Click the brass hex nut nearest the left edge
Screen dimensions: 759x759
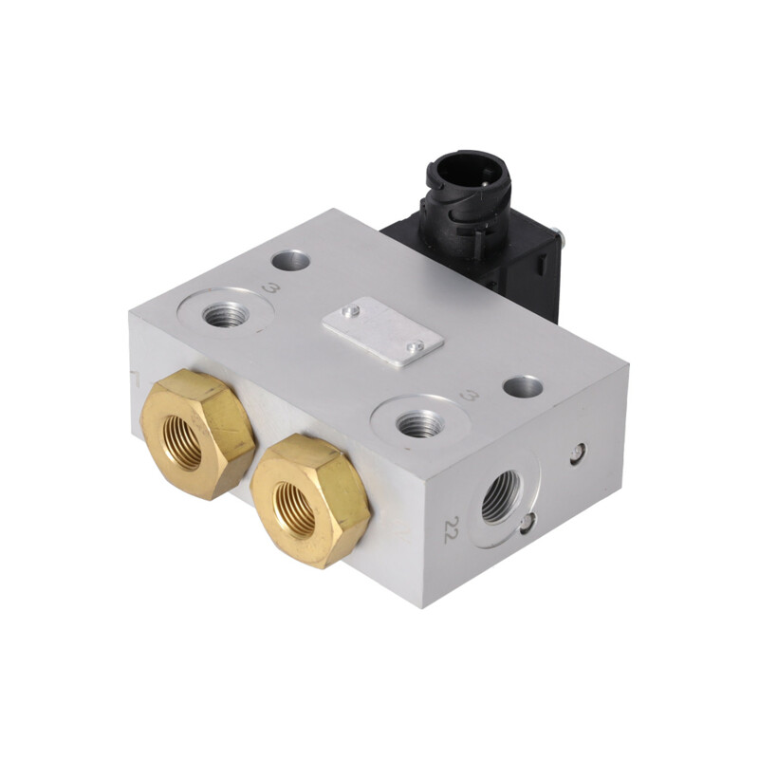197,434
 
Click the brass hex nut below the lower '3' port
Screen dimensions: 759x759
310,501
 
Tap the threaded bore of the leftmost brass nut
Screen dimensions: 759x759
182,444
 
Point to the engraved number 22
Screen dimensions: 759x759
453,529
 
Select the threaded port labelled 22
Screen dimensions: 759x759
503,496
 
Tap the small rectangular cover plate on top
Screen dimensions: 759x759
383,331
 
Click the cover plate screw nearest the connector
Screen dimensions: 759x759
351,311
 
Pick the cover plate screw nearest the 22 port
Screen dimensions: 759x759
415,345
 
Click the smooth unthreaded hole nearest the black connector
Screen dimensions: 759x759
290,262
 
